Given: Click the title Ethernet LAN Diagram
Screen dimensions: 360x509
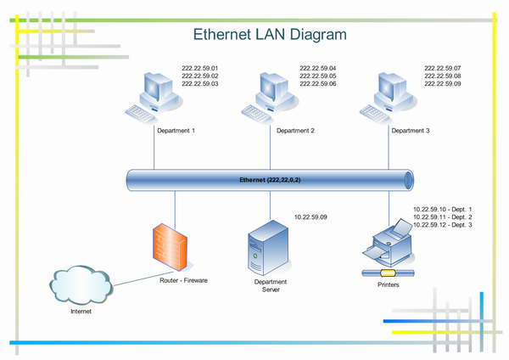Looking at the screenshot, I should click(270, 36).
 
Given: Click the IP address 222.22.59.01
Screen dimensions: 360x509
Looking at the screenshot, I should click(200, 68).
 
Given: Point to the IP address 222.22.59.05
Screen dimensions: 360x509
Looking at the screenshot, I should click(317, 76).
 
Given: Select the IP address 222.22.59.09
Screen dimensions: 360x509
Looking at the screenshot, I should click(442, 85).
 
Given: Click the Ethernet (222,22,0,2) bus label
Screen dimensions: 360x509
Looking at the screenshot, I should click(271, 180).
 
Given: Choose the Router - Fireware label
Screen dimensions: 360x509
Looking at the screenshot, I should click(184, 279).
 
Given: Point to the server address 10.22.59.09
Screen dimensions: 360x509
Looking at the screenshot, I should click(310, 218).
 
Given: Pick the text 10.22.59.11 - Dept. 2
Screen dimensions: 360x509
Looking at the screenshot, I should click(441, 217).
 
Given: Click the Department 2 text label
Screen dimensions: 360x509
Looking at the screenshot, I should click(295, 132).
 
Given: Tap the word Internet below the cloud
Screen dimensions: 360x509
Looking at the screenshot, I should click(81, 312).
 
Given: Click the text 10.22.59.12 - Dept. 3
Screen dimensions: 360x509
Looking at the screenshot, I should click(441, 226).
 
